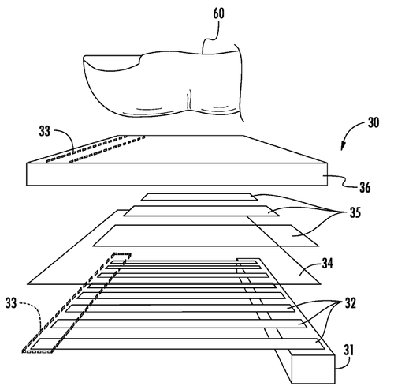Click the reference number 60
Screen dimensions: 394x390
tap(218, 13)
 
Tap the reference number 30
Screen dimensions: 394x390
tap(374, 122)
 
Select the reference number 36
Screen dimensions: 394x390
tap(365, 188)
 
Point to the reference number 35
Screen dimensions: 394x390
tap(355, 212)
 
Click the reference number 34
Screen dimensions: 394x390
tap(327, 264)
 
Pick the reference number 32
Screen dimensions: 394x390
tap(350, 303)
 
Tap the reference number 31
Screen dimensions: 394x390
tap(349, 351)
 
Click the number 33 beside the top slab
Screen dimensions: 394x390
tap(45, 131)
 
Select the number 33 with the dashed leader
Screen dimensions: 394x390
tap(11, 303)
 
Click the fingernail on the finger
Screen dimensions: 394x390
tap(112, 62)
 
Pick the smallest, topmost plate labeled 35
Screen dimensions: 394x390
tap(199, 197)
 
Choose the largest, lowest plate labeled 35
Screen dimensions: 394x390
tap(206, 235)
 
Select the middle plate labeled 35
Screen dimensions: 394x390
tap(202, 211)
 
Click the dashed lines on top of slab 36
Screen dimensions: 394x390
tap(95, 148)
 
